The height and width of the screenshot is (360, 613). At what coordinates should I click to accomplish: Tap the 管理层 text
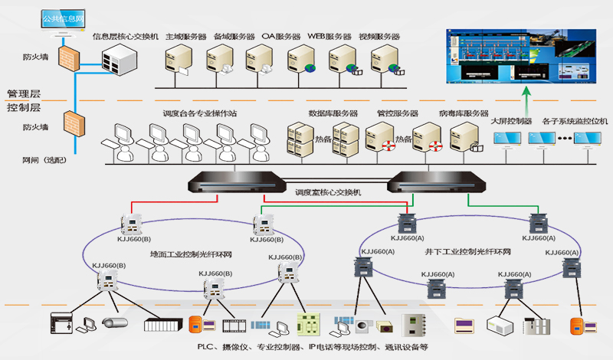point(24,93)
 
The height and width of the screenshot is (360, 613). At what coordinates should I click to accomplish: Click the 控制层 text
point(24,108)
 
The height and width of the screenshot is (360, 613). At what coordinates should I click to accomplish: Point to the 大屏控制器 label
point(511,121)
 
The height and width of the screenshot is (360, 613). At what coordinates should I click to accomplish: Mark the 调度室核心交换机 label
point(327,192)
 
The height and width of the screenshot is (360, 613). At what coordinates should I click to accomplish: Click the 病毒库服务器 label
point(463,113)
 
